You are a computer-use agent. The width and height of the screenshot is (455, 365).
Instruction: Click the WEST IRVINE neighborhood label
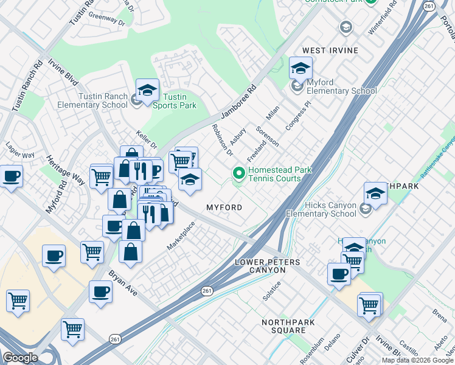330,50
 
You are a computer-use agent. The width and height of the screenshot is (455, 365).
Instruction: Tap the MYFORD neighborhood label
224,207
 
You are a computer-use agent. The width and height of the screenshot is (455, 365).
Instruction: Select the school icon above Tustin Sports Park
147,91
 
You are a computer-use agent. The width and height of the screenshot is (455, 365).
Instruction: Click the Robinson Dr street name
222,139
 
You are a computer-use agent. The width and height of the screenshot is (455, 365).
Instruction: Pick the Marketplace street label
181,236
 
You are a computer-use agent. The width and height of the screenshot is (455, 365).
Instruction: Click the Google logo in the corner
20,357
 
